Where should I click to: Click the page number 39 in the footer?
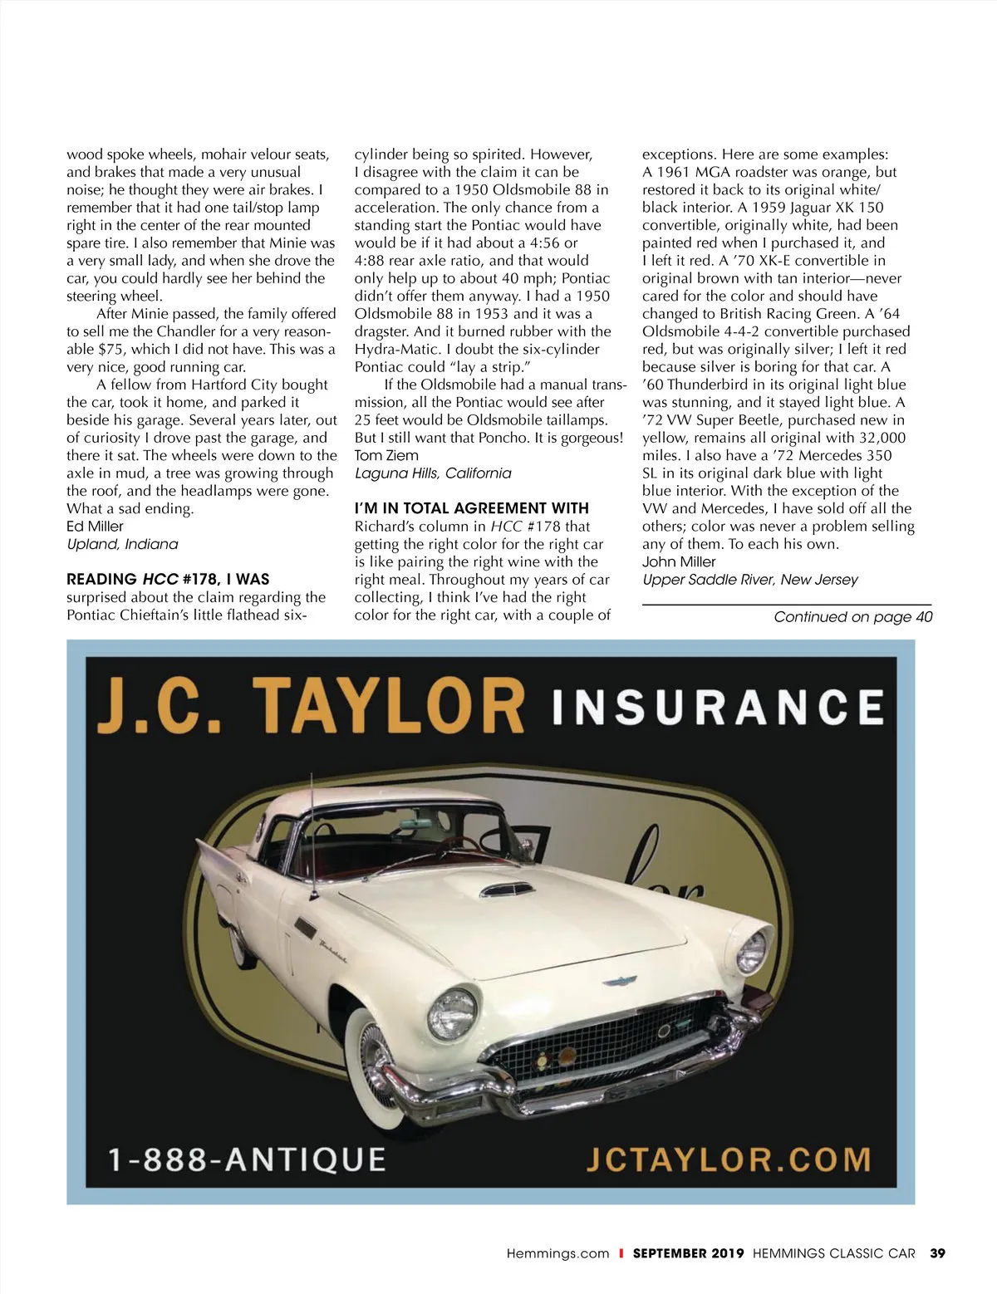pos(937,1253)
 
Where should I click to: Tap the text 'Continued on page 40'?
pos(852,617)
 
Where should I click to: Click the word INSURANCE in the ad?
pos(717,708)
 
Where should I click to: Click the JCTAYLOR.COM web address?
pos(728,1159)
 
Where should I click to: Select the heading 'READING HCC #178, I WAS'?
pos(168,579)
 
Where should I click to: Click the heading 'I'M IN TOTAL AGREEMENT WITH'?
pos(471,508)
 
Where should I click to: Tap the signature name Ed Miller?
pos(95,527)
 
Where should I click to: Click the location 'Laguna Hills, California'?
pos(433,473)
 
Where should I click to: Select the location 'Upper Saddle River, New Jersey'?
pos(749,580)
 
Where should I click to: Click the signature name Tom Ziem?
pos(386,455)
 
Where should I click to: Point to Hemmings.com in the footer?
pos(557,1253)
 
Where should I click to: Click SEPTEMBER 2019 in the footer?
pos(688,1253)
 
